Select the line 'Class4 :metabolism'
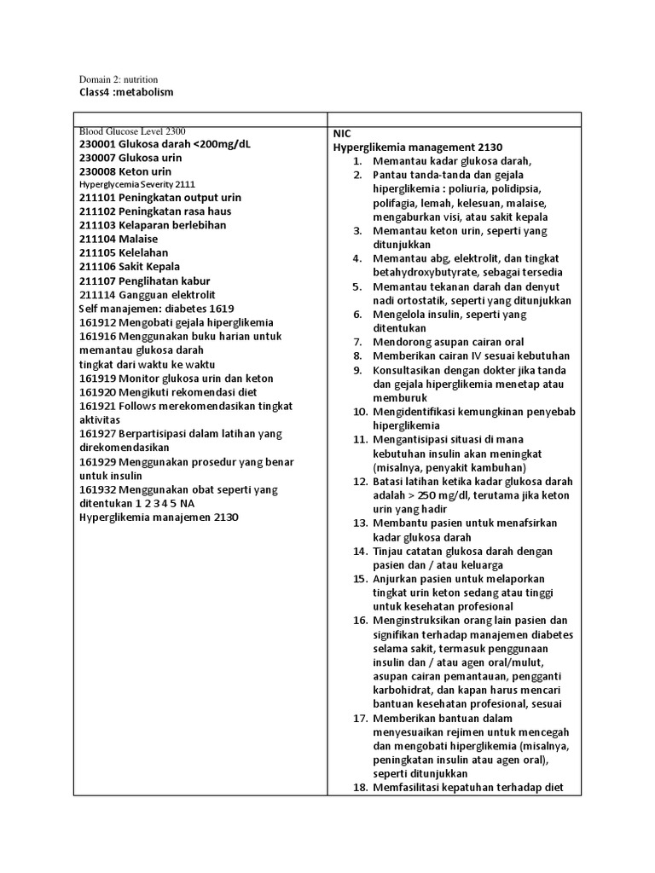(x=125, y=92)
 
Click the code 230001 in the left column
(x=97, y=144)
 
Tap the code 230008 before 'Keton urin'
(x=97, y=171)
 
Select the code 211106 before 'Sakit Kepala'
(x=97, y=267)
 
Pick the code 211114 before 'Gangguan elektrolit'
(x=97, y=295)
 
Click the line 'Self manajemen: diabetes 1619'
(x=156, y=309)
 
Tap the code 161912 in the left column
(x=97, y=322)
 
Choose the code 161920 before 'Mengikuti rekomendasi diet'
(x=97, y=391)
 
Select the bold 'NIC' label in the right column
(x=342, y=134)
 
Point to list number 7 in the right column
(x=358, y=342)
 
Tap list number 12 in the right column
(x=359, y=481)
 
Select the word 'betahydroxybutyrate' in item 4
(x=420, y=272)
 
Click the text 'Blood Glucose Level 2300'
(x=132, y=131)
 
